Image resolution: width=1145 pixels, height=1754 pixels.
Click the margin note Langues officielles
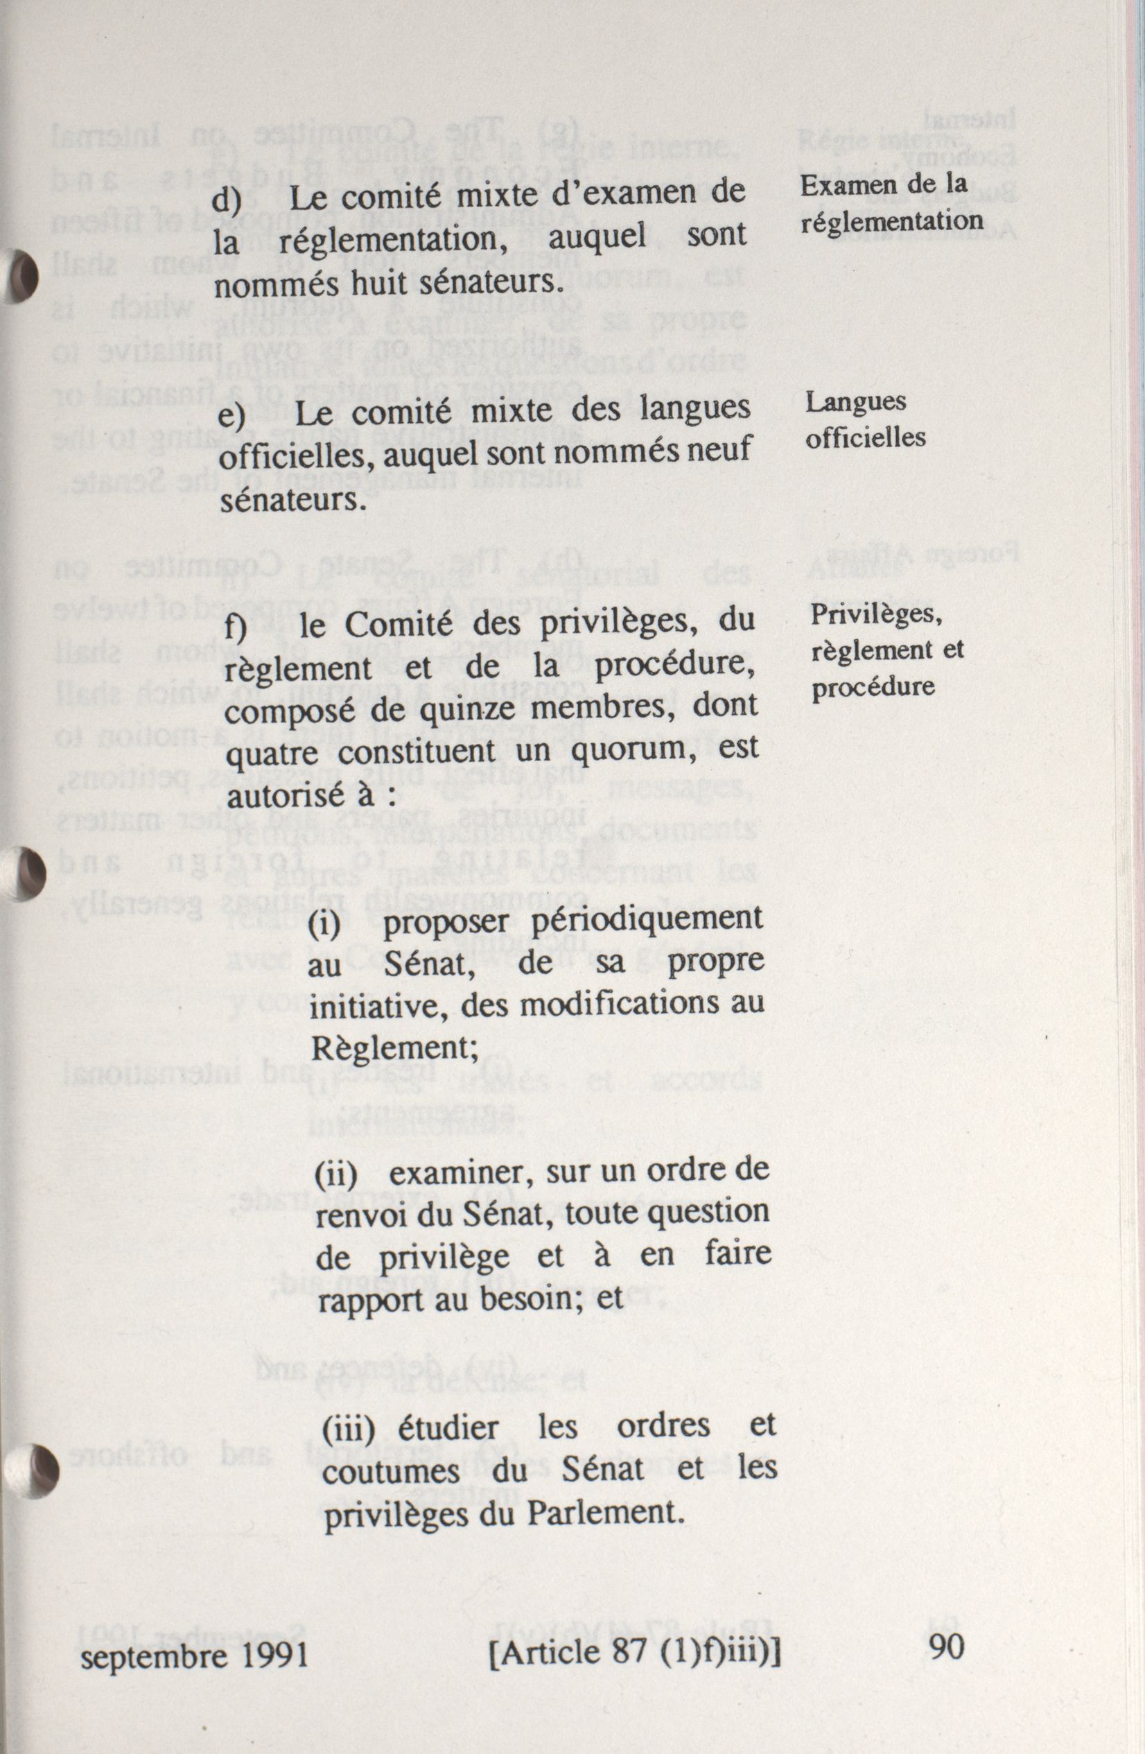pos(864,419)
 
